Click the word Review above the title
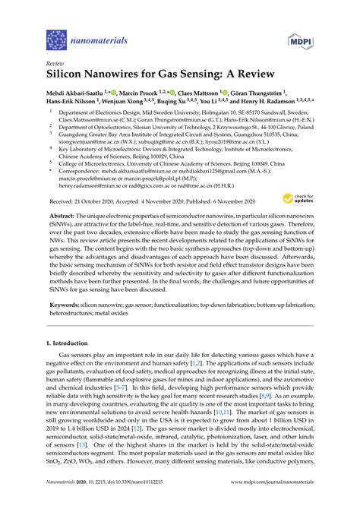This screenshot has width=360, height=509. click(55, 65)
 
